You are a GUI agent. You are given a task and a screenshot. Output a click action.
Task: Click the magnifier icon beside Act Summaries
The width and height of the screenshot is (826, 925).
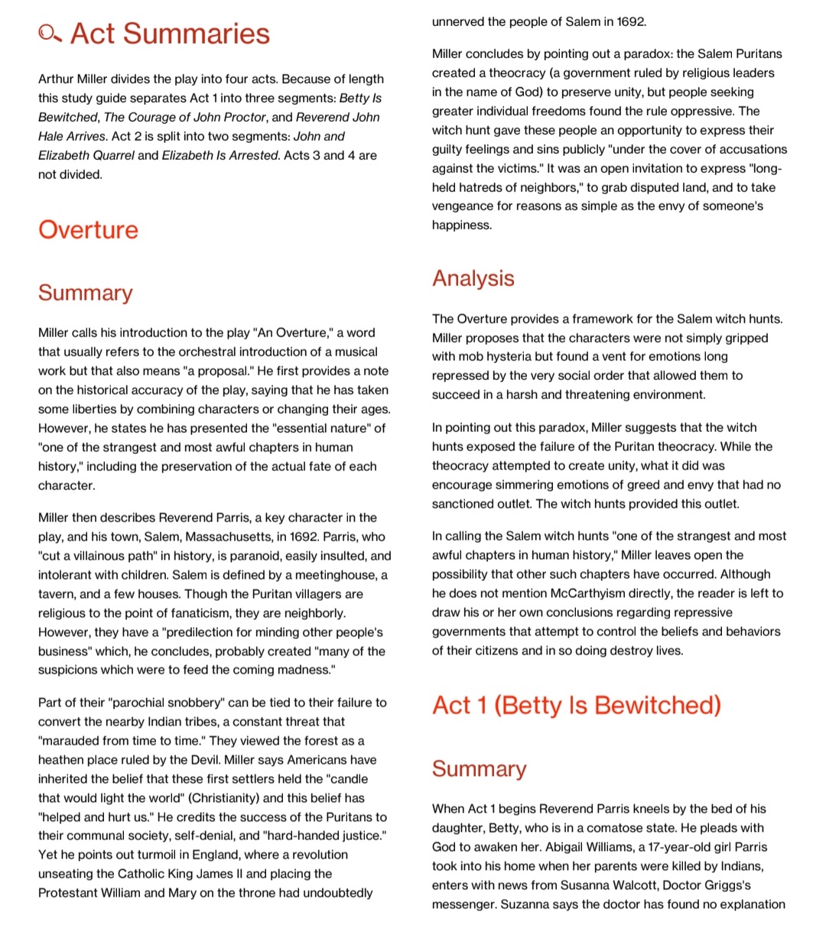tap(50, 34)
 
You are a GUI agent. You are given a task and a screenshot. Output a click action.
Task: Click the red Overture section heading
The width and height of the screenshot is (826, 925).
tap(88, 230)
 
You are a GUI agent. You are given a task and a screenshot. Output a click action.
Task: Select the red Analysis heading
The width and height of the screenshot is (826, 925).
tap(473, 278)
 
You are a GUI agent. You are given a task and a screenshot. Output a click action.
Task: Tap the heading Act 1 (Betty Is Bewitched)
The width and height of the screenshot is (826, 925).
tap(576, 705)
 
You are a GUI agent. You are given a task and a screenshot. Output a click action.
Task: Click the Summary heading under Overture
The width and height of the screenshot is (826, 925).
tap(85, 293)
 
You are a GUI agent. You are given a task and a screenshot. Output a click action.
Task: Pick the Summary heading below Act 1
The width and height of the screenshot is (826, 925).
tap(479, 769)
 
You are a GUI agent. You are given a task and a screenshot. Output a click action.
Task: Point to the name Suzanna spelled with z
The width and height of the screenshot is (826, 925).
tap(524, 904)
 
